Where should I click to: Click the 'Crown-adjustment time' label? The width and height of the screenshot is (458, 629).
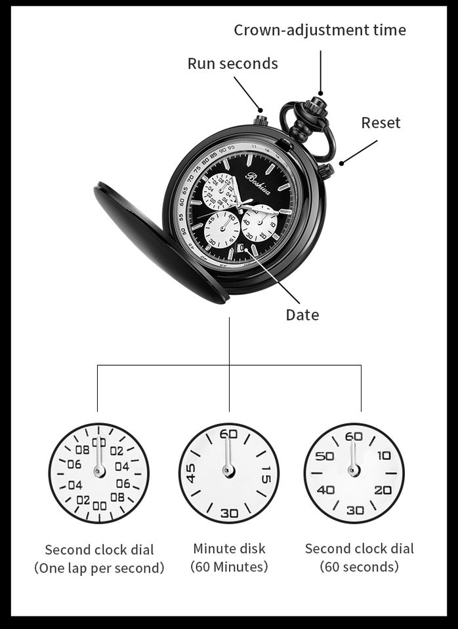[x=320, y=30]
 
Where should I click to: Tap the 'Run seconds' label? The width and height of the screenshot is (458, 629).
[x=232, y=64]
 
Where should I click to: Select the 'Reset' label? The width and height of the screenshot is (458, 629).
[x=381, y=123]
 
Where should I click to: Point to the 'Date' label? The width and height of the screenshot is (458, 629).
[x=302, y=315]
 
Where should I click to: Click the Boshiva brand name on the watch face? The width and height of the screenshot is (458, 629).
[x=259, y=176]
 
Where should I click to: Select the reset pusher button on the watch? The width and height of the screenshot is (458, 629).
[x=326, y=171]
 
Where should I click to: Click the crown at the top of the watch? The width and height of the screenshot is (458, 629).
[x=319, y=103]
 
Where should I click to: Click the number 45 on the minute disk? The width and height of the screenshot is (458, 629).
[x=191, y=473]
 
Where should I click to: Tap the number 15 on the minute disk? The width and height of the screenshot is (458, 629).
[x=265, y=473]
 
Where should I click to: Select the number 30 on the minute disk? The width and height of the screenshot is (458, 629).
[x=228, y=513]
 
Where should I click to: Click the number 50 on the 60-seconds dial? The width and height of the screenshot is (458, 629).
[x=325, y=456]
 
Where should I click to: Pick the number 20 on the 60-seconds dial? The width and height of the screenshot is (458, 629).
[x=383, y=490]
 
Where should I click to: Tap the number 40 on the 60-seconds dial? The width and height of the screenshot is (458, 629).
[x=326, y=490]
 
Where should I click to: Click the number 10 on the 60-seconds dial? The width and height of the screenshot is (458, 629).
[x=383, y=456]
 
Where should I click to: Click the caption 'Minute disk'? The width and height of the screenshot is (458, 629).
[x=229, y=548]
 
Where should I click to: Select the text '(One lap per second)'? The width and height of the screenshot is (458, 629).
[x=99, y=568]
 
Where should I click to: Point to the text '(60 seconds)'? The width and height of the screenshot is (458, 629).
[x=359, y=566]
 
